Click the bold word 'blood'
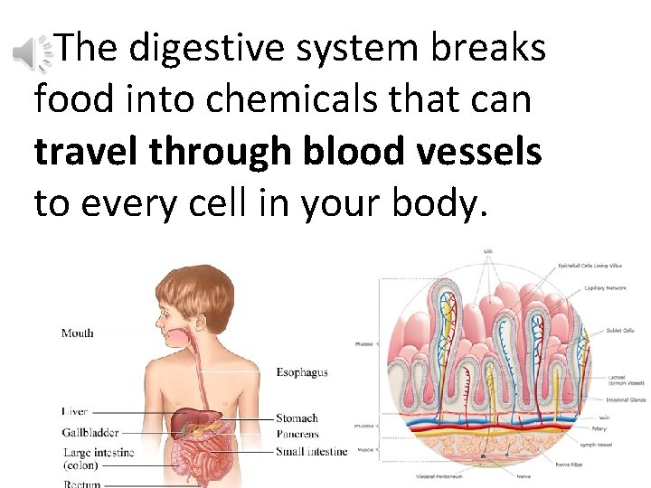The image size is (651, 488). tap(349, 151)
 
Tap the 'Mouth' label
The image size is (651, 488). tap(77, 333)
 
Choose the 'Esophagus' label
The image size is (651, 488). tap(301, 371)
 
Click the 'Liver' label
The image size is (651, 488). tap(75, 411)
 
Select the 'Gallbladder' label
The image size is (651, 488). tap(90, 432)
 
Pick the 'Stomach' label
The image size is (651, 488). tap(297, 418)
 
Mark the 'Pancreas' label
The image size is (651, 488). tap(297, 434)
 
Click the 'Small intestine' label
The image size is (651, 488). tap(311, 451)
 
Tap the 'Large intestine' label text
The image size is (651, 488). tap(99, 452)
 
